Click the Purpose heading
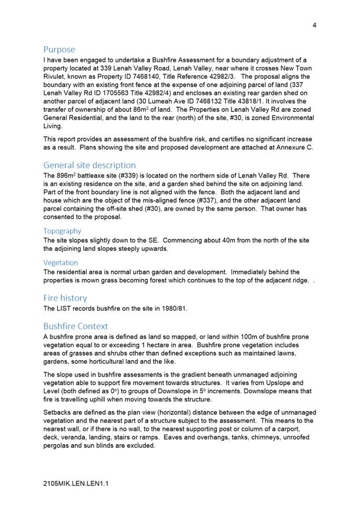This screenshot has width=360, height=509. (x=59, y=50)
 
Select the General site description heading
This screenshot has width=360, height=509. (x=90, y=165)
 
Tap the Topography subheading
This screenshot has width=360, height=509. (x=62, y=231)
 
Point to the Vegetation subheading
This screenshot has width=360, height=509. (x=60, y=263)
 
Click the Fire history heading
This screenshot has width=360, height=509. (x=65, y=298)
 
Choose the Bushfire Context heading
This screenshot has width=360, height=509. (x=75, y=326)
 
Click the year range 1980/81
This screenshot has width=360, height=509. (x=171, y=308)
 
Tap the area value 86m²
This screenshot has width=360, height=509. (x=143, y=109)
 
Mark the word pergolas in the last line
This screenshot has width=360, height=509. (x=59, y=445)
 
